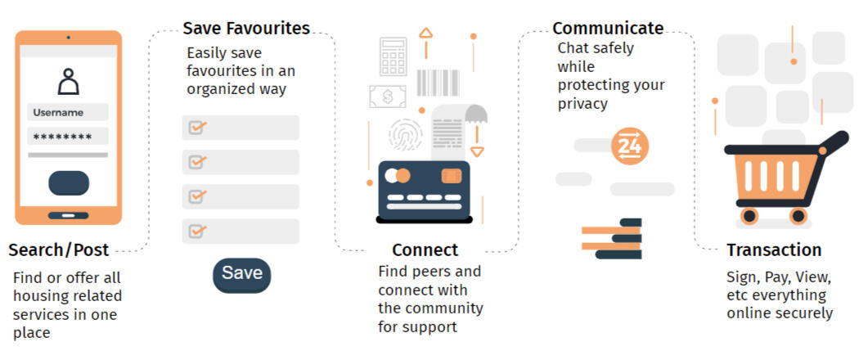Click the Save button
(241, 274)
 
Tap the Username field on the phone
(68, 113)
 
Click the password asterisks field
(68, 137)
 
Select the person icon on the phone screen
(68, 83)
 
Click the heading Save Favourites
(246, 29)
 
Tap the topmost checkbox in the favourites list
(197, 128)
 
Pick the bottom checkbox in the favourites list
(197, 231)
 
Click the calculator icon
(393, 56)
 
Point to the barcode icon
(438, 83)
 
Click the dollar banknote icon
(387, 97)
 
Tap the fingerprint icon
(405, 135)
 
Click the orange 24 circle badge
(630, 146)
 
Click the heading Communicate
(608, 29)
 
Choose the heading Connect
(425, 250)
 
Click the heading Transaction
(774, 250)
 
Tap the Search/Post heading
(59, 250)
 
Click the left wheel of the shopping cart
(749, 216)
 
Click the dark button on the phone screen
(69, 183)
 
